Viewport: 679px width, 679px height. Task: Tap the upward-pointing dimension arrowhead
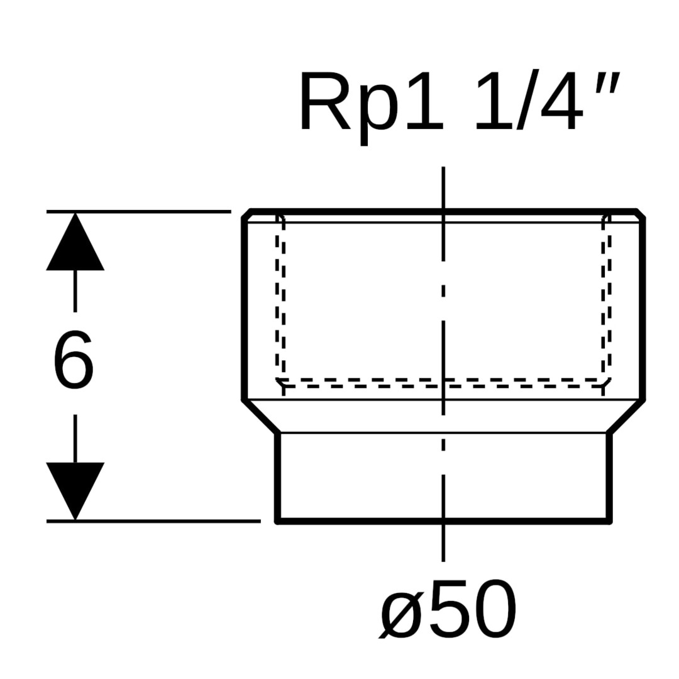pyautogui.click(x=75, y=245)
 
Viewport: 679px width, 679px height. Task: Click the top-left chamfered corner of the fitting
pyautogui.click(x=246, y=214)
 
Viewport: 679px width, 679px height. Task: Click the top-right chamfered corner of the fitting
pyautogui.click(x=641, y=214)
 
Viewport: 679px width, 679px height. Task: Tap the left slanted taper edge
pyautogui.click(x=261, y=416)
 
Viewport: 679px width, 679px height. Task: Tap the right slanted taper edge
pyautogui.click(x=626, y=416)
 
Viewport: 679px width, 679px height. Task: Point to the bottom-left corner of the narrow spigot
pyautogui.click(x=278, y=521)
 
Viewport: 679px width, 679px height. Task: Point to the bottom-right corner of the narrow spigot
pyautogui.click(x=609, y=521)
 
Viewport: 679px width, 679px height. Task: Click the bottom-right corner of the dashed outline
pyautogui.click(x=606, y=382)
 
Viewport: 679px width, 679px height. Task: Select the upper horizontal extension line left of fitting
pyautogui.click(x=138, y=211)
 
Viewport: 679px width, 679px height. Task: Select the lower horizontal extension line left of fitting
pyautogui.click(x=154, y=521)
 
